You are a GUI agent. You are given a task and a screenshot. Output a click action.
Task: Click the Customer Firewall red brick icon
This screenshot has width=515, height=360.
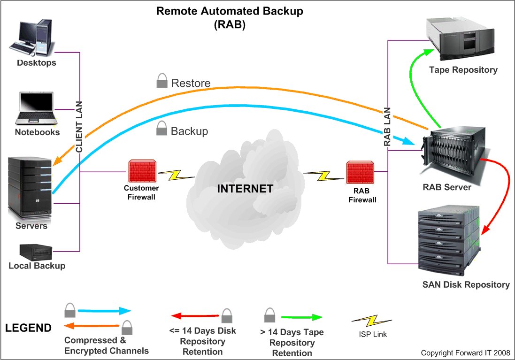142,171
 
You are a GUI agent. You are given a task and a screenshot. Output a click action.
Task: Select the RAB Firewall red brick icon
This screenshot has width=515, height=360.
360,173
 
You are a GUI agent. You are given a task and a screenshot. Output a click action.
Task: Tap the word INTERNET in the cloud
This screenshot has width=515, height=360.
245,189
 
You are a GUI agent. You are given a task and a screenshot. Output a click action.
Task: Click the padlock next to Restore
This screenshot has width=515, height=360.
162,80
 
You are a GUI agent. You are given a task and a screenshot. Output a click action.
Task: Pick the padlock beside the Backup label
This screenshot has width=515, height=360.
161,128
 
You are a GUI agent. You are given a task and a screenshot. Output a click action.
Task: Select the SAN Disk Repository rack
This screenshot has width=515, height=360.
448,240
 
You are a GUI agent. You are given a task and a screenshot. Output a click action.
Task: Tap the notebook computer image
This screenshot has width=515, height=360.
36,108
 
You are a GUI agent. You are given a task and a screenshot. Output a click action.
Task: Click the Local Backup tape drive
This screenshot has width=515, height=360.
36,252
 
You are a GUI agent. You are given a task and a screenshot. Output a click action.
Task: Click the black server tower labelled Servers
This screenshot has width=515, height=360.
30,187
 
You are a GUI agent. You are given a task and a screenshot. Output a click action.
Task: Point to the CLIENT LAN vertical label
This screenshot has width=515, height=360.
79,127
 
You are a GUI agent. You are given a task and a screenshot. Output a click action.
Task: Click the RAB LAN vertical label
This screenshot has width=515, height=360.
387,126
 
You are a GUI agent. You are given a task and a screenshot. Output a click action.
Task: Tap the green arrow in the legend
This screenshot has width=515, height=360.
302,317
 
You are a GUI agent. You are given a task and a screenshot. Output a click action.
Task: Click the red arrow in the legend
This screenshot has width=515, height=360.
195,316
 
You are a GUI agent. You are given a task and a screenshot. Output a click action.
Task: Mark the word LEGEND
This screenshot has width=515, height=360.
28,328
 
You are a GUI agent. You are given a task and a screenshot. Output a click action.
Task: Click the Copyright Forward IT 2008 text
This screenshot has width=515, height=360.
465,353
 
